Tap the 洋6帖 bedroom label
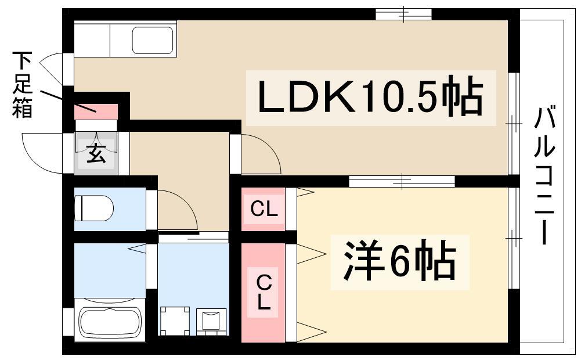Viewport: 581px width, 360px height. (x=399, y=262)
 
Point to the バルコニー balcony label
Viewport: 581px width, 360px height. (x=544, y=176)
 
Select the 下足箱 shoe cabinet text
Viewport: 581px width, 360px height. (x=23, y=85)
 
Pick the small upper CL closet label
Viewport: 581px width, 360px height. (x=264, y=209)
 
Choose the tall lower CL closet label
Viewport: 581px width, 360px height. (x=264, y=292)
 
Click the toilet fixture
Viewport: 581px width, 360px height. (x=94, y=208)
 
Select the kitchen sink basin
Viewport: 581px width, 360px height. (x=153, y=39)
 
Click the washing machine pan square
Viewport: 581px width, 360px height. (x=175, y=321)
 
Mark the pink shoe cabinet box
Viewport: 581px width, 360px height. (x=96, y=111)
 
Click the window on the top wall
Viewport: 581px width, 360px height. (x=403, y=14)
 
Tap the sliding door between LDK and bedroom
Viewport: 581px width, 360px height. (x=402, y=181)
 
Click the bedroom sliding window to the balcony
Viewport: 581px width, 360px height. (x=513, y=237)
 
